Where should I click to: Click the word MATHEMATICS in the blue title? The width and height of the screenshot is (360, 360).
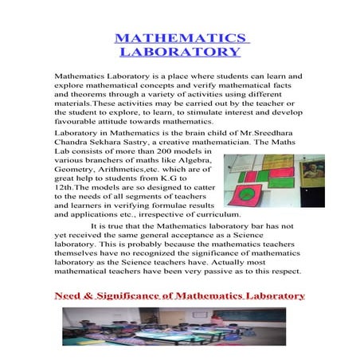179,37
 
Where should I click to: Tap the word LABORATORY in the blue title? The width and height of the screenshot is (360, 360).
179,52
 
